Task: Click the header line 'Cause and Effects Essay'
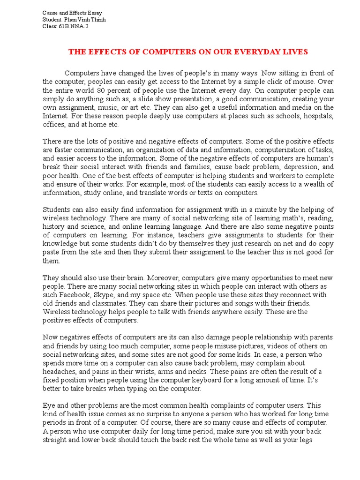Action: (x=72, y=13)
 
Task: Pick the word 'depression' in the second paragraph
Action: (x=296, y=166)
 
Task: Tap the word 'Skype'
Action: (x=108, y=295)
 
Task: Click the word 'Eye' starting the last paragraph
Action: (x=49, y=405)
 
